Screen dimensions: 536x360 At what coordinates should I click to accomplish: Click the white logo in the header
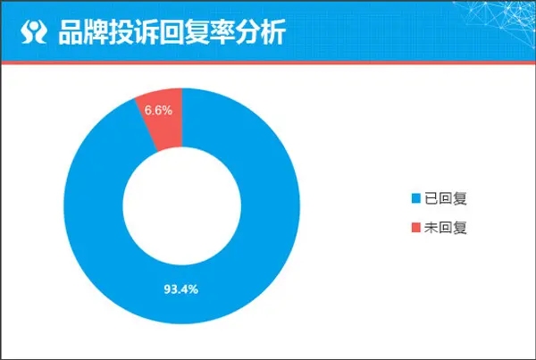(x=34, y=31)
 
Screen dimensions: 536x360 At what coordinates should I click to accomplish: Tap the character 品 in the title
(x=71, y=32)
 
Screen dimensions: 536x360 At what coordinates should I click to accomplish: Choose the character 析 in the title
(x=273, y=32)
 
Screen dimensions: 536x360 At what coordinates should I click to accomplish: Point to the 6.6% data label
(x=158, y=110)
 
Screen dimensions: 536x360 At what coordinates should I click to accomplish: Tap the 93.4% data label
(x=181, y=289)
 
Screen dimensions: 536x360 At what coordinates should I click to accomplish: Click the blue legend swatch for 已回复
(x=416, y=198)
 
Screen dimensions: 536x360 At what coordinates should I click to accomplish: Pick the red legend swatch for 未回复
(x=416, y=228)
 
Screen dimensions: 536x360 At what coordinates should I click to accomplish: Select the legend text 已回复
(x=446, y=198)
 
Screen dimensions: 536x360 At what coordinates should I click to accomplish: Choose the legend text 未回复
(x=446, y=228)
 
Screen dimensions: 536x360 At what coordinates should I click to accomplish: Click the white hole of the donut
(x=182, y=206)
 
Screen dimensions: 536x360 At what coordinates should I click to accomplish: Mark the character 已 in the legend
(x=431, y=198)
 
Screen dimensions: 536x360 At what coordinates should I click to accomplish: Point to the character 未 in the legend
(x=431, y=228)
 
